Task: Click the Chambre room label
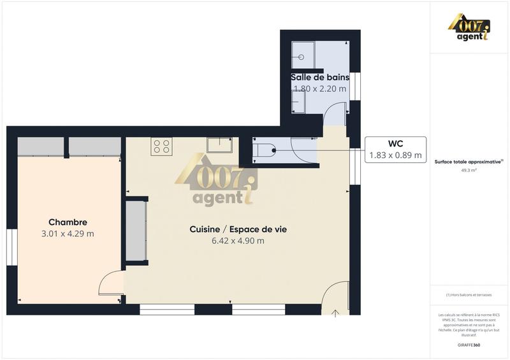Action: (x=68, y=222)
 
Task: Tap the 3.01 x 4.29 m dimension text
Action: (x=68, y=234)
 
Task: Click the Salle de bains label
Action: (x=319, y=77)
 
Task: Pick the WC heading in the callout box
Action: (x=395, y=143)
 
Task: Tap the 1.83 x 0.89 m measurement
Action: (x=395, y=155)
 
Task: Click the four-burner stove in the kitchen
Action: (x=161, y=147)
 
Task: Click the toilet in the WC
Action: (x=264, y=151)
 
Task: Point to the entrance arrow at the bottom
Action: (x=336, y=312)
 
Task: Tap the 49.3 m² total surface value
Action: (x=469, y=171)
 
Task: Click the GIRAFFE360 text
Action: (x=469, y=345)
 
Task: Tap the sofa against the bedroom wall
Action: (x=136, y=231)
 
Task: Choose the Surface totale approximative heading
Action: (x=469, y=162)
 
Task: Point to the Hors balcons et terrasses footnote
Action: (x=469, y=294)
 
